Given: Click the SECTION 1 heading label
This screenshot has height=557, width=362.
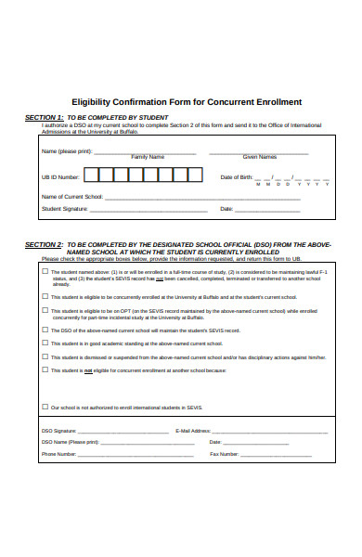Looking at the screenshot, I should pos(44,118).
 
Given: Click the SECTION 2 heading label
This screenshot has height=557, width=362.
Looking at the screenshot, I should pos(44,244).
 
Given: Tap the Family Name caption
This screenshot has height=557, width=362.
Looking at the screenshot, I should pos(148,157).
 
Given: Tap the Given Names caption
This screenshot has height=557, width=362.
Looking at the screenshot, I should pos(259,157).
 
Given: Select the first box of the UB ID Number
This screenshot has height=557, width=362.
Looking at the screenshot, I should pos(92,174).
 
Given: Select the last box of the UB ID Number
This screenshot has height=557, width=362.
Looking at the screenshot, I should pos(189,174).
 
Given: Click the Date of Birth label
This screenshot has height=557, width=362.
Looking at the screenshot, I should pos(236,176).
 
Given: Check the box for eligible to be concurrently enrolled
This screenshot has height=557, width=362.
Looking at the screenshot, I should pos(45,296).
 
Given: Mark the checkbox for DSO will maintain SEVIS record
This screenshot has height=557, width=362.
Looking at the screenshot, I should pos(45,330).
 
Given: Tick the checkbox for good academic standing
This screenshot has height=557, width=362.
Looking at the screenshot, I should pos(45,343).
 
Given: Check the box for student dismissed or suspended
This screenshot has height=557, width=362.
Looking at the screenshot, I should pos(45,356).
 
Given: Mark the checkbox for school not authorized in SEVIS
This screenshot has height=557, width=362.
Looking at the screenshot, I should pos(45,407).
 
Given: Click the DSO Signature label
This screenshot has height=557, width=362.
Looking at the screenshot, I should pos(58,431).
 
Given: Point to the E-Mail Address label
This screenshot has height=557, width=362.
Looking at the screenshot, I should pos(193,431).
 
